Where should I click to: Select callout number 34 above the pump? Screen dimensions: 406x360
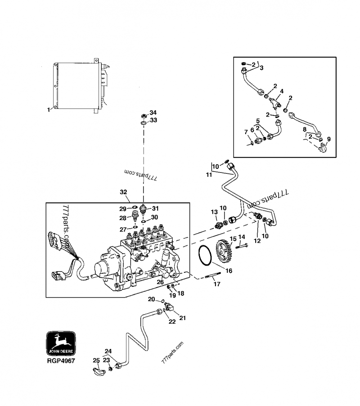153,113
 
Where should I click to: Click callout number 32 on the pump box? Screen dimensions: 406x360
123,192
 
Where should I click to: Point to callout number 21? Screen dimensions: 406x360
182,318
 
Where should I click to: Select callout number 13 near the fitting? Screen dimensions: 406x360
214,212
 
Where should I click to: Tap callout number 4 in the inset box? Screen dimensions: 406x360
281,91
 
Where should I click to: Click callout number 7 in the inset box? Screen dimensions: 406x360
246,132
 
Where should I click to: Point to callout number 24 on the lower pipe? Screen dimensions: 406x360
108,352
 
